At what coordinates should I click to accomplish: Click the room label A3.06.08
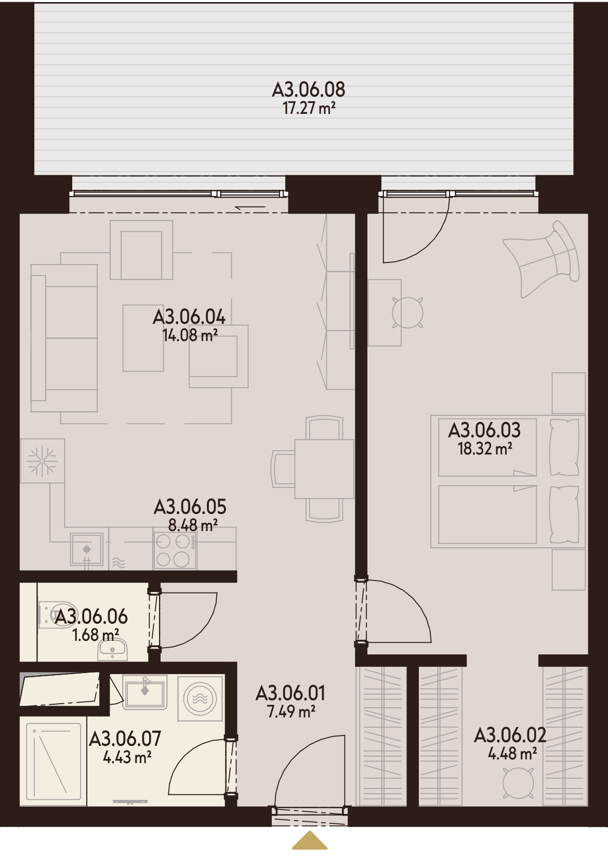point(308,90)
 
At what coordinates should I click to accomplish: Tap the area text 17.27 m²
point(309,109)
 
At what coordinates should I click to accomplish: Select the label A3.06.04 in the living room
point(189,317)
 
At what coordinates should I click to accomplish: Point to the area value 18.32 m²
point(485,449)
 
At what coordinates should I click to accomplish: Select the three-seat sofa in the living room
point(64,338)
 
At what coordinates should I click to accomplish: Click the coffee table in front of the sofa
point(143,338)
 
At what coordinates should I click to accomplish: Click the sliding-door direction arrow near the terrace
point(250,207)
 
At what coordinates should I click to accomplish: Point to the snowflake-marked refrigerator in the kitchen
point(42,461)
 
